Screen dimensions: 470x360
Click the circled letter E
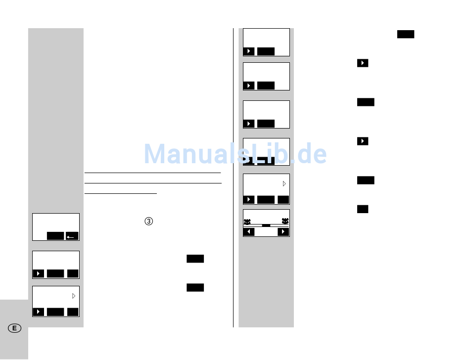[x=14, y=328]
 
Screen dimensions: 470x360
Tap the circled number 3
[x=148, y=222]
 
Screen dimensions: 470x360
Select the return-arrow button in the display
[x=72, y=236]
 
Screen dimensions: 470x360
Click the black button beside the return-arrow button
[x=55, y=236]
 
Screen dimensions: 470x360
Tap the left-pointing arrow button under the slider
[x=249, y=232]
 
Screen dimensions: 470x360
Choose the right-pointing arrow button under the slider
[x=283, y=232]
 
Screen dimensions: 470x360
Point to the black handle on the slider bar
[x=266, y=225]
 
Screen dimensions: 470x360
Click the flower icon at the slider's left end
[x=247, y=221]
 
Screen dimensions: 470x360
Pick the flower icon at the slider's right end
[x=285, y=221]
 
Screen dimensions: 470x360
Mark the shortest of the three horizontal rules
[x=121, y=194]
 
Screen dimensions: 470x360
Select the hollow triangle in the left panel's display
[x=74, y=296]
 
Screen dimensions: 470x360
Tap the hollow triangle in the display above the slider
[x=284, y=183]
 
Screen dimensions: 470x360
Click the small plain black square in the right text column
[x=363, y=209]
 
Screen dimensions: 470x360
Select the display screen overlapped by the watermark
[x=266, y=152]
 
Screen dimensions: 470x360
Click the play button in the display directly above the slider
[x=249, y=199]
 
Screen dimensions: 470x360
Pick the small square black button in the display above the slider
[x=283, y=199]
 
